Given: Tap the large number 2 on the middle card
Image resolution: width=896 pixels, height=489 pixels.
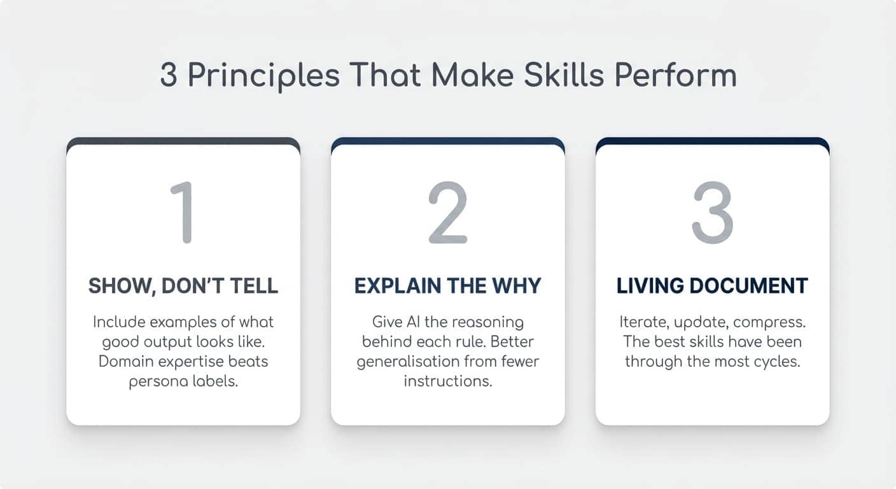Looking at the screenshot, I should point(447,213).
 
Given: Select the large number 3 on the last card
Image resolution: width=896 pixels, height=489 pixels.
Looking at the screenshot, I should point(712,213).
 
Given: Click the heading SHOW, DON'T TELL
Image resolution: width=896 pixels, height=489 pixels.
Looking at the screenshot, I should point(183,286).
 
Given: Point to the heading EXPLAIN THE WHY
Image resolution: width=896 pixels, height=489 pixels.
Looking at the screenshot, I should point(447,286).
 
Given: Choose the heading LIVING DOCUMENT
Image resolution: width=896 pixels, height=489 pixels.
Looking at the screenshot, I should point(712,286).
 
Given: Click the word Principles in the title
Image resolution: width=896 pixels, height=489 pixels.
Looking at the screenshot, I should point(263,76).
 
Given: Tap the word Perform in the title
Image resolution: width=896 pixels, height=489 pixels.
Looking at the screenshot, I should point(690,76).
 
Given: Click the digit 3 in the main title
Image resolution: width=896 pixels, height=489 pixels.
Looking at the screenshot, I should point(169,76).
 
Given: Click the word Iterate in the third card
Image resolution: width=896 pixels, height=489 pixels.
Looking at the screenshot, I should point(641,322).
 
